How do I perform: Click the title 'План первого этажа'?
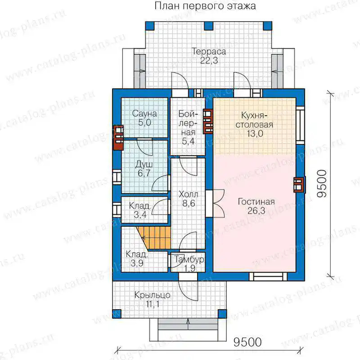click(x=205, y=6)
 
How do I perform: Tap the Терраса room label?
click(x=209, y=51)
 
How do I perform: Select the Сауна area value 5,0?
click(x=144, y=122)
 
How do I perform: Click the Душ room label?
click(x=144, y=164)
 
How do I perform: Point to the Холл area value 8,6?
click(x=189, y=203)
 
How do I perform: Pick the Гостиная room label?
click(x=256, y=202)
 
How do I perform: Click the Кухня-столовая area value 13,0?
click(x=255, y=133)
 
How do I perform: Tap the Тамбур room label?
click(x=189, y=260)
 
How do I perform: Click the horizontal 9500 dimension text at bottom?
click(x=247, y=342)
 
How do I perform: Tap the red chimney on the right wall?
click(x=299, y=184)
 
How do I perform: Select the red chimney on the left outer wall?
click(x=118, y=137)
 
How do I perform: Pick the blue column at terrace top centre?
click(x=209, y=26)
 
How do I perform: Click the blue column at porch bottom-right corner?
click(x=222, y=314)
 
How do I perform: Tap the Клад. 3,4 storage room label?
click(x=139, y=210)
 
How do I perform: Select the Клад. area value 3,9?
click(x=137, y=263)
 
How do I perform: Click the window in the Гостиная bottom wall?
click(x=268, y=277)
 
